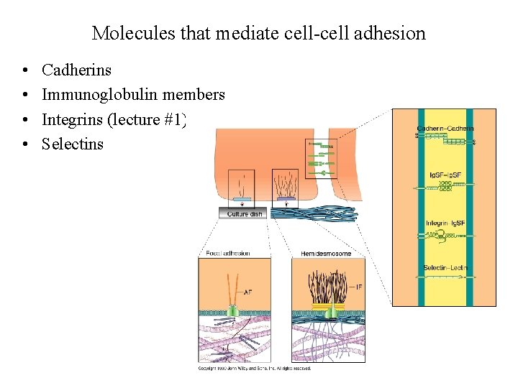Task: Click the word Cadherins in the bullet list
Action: click(x=77, y=70)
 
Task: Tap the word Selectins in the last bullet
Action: click(x=73, y=144)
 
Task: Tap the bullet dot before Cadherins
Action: click(x=25, y=70)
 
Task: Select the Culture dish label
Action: click(x=245, y=214)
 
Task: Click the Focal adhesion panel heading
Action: click(x=227, y=253)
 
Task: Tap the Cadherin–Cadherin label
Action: click(x=445, y=129)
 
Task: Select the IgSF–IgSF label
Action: click(x=446, y=175)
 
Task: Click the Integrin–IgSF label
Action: click(x=445, y=223)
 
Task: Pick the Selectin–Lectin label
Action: click(x=445, y=268)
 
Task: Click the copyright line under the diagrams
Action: click(x=255, y=369)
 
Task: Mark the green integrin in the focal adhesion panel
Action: click(x=233, y=311)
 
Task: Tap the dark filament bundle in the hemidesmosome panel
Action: click(x=327, y=287)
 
